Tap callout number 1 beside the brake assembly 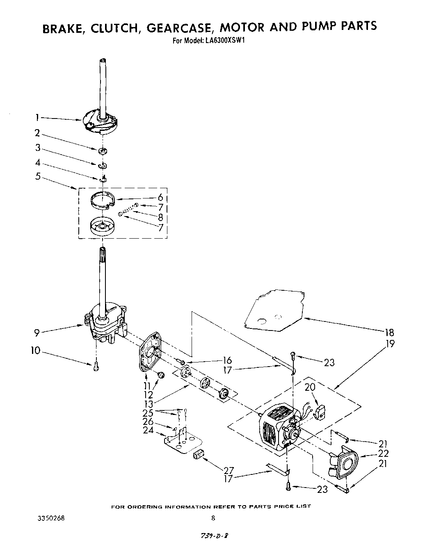pyautogui.click(x=37, y=118)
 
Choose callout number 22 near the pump pyautogui.click(x=383, y=454)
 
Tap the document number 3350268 pyautogui.click(x=51, y=518)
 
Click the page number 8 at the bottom pyautogui.click(x=213, y=518)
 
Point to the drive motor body pyautogui.click(x=275, y=426)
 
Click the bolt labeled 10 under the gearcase pyautogui.click(x=96, y=365)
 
